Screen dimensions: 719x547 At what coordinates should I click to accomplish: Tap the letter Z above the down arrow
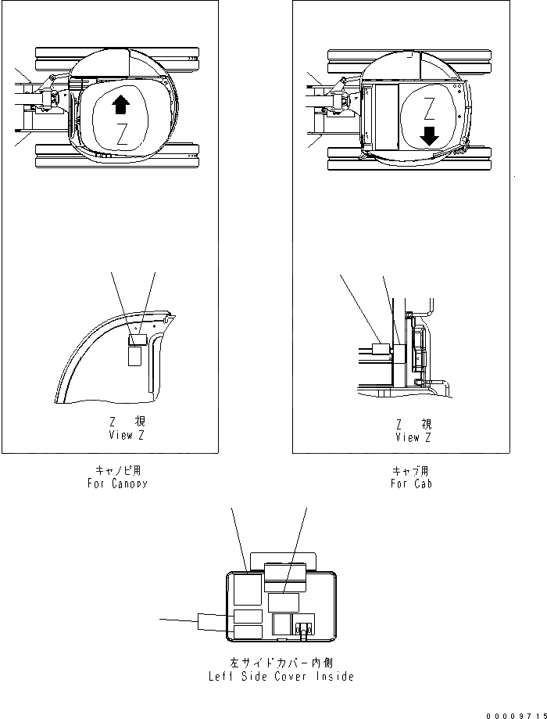click(x=428, y=107)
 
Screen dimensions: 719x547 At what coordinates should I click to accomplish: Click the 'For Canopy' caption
click(x=117, y=483)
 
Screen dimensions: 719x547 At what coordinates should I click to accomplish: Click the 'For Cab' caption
click(x=412, y=484)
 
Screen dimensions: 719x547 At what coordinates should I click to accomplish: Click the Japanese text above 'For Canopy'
click(x=118, y=470)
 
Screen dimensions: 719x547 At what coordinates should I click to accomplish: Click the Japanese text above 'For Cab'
click(x=412, y=471)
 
